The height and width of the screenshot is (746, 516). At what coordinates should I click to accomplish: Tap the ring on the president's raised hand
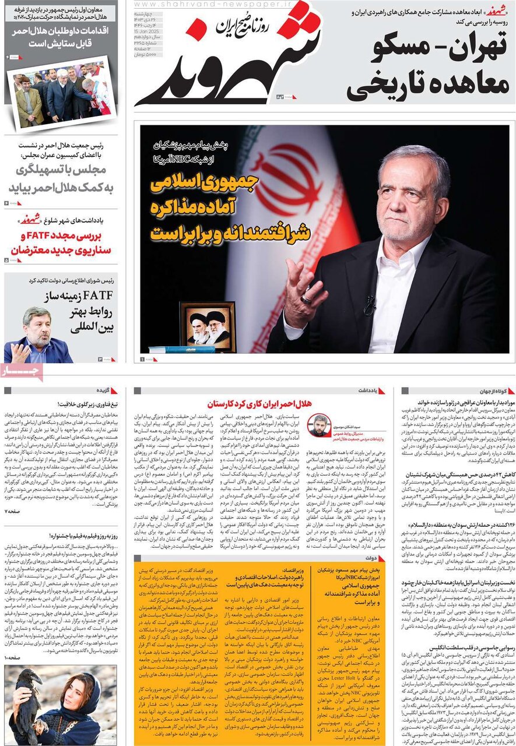(306, 298)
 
